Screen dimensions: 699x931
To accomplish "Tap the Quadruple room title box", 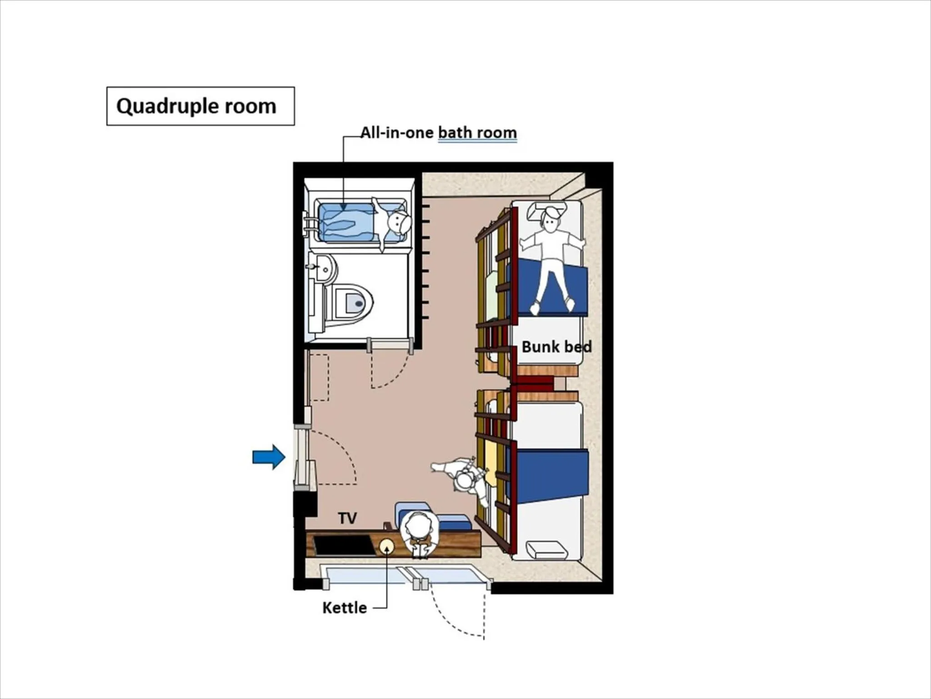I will click(x=200, y=106).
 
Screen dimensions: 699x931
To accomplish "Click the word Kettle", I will click(x=344, y=608).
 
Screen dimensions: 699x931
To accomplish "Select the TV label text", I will click(x=347, y=518).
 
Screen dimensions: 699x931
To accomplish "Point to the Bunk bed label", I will click(x=556, y=347).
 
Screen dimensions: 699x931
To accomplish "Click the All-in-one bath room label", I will click(x=438, y=132).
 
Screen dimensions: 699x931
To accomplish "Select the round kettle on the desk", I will click(x=386, y=547).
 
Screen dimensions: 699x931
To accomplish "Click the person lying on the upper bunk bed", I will click(x=551, y=255).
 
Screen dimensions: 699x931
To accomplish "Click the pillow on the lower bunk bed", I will click(x=547, y=550).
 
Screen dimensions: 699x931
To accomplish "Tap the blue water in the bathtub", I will click(x=345, y=222).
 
